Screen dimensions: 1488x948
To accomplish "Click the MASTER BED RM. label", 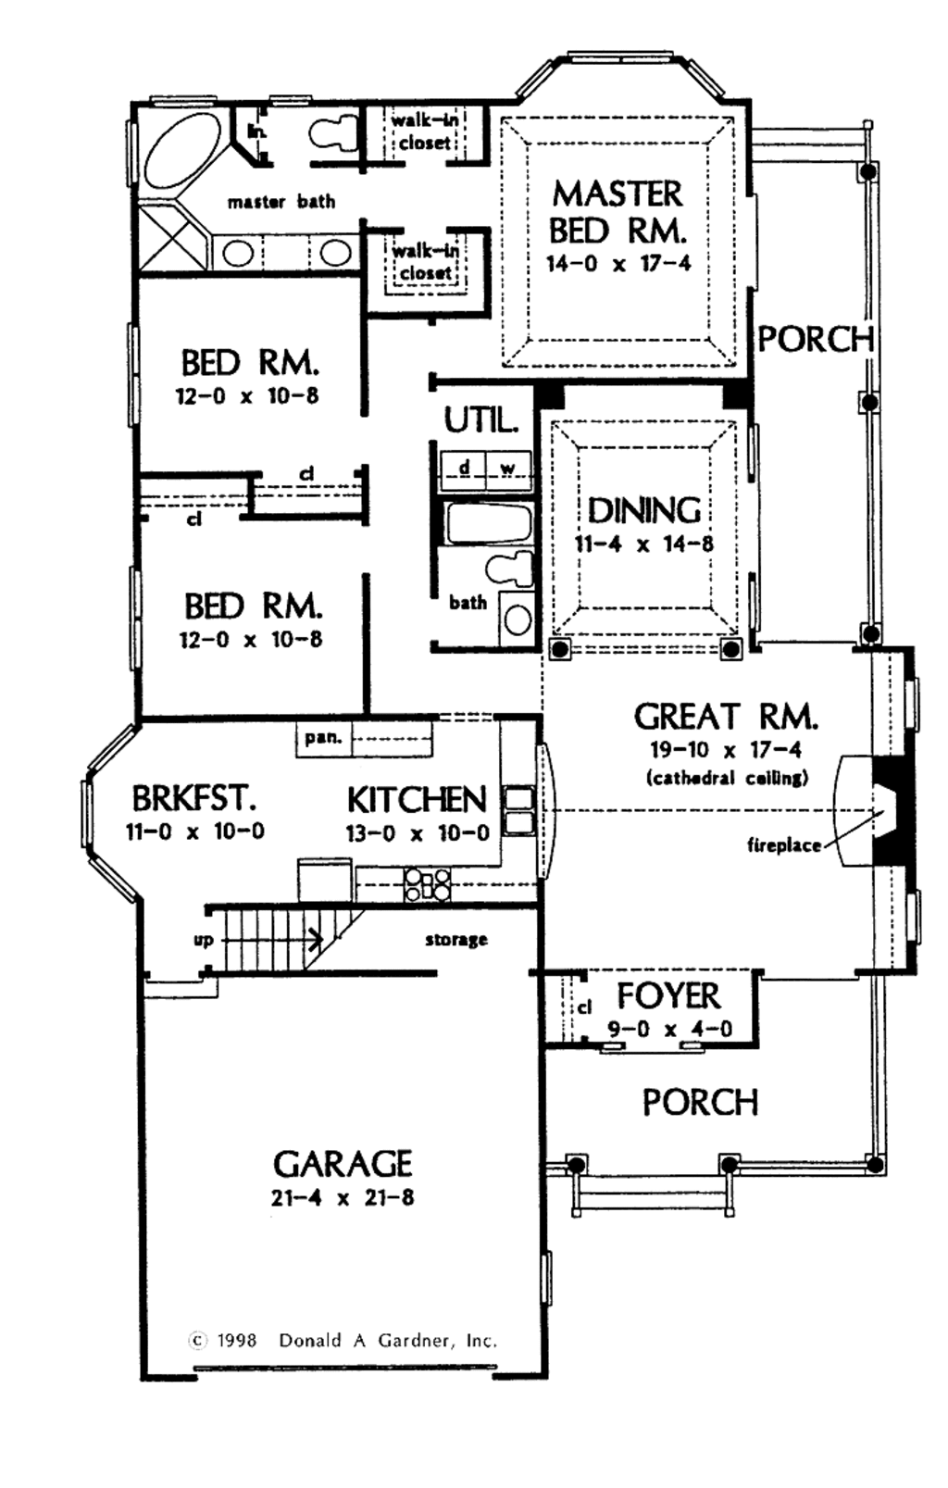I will [617, 211].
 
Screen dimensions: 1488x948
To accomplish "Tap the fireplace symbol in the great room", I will [887, 812].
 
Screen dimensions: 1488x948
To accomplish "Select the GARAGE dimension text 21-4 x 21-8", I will [343, 1197].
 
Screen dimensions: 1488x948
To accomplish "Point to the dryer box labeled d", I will [464, 468].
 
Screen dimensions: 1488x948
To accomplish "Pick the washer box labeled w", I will [508, 468].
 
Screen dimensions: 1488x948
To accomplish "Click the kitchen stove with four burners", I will [428, 885].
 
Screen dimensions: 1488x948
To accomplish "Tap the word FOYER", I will [668, 996].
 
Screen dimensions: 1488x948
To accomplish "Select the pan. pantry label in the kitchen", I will [323, 738].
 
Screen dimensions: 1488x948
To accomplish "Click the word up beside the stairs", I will [204, 940].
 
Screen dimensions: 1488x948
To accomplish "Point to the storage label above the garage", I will [456, 940].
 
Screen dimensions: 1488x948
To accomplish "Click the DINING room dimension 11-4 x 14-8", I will [644, 544].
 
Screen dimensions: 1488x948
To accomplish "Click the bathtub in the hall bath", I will [488, 524].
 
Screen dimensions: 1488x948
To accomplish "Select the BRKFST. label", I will [193, 797].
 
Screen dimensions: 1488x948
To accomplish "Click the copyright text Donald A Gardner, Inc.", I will [388, 1340].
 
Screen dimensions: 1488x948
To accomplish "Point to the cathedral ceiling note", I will [726, 777].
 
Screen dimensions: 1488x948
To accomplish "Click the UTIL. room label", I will [480, 420].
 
